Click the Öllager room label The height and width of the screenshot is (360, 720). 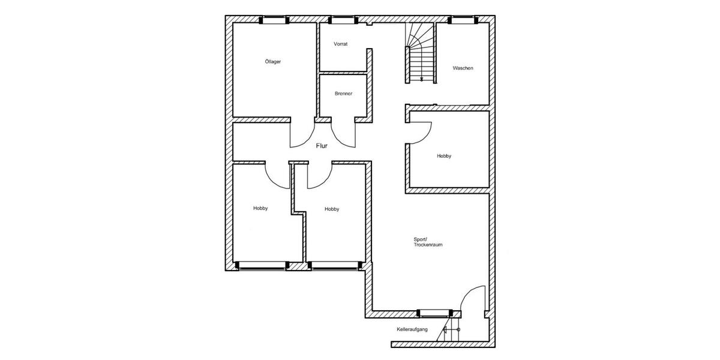[273, 61]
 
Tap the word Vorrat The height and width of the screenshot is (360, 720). [341, 44]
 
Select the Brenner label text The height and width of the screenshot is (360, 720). [344, 94]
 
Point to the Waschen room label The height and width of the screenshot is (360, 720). [463, 68]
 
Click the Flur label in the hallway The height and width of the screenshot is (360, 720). [323, 145]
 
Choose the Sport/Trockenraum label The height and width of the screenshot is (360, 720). [428, 242]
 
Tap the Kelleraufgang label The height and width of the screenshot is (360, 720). [412, 330]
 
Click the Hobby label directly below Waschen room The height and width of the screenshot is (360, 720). [444, 156]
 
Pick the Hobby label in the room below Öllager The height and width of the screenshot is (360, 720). [260, 208]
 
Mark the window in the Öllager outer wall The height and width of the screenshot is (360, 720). [274, 20]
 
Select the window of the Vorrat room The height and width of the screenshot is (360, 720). [343, 20]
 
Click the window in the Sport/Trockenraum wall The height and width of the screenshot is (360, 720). [435, 313]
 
